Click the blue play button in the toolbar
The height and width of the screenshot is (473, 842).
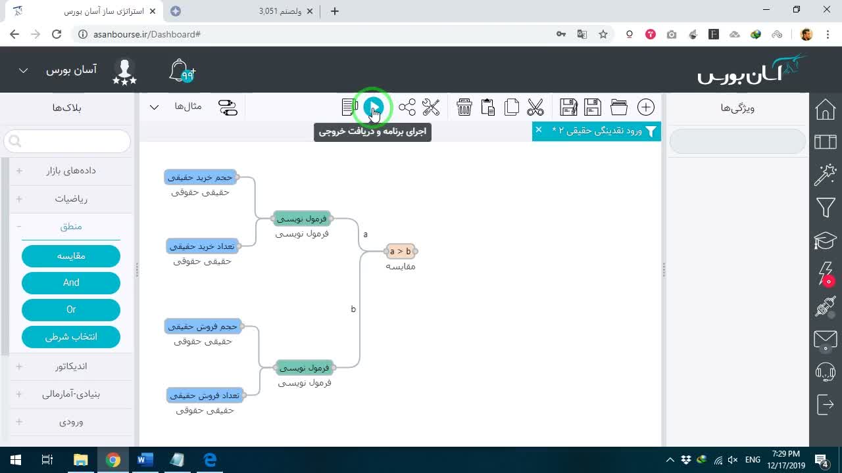(x=373, y=107)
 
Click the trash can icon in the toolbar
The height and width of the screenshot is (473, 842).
(x=464, y=107)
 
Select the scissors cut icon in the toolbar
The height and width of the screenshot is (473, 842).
(x=535, y=107)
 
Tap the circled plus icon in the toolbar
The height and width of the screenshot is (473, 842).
(x=646, y=107)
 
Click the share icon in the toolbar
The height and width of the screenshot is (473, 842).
(x=407, y=107)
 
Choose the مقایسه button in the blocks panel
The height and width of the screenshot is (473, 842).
(x=71, y=256)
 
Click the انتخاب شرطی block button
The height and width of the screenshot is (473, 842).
(x=71, y=337)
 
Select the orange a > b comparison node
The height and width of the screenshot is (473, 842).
(x=401, y=251)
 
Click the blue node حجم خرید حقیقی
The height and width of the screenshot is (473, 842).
(x=201, y=177)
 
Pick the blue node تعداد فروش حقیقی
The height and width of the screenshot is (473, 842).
(x=205, y=395)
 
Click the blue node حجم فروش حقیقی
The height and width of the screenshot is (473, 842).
(x=203, y=327)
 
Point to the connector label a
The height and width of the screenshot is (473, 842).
(x=365, y=235)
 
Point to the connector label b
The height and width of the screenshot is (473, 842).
(x=353, y=309)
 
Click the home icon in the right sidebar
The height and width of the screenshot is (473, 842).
(x=825, y=109)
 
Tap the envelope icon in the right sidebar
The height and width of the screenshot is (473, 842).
(x=825, y=340)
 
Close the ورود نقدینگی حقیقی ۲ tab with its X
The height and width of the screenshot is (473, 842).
(x=539, y=129)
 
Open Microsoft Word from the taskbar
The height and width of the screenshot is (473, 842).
(x=145, y=459)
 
